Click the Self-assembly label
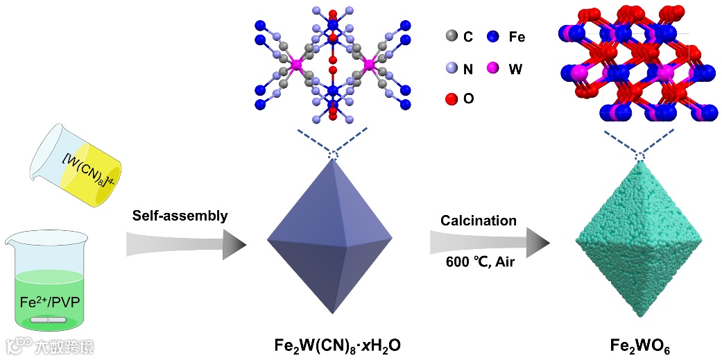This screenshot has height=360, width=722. (180, 216)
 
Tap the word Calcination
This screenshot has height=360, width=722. (479, 221)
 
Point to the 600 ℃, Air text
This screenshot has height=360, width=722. (479, 262)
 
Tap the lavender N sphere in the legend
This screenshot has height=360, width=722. (452, 68)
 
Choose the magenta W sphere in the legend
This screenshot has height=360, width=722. (493, 68)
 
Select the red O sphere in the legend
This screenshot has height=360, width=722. (452, 98)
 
